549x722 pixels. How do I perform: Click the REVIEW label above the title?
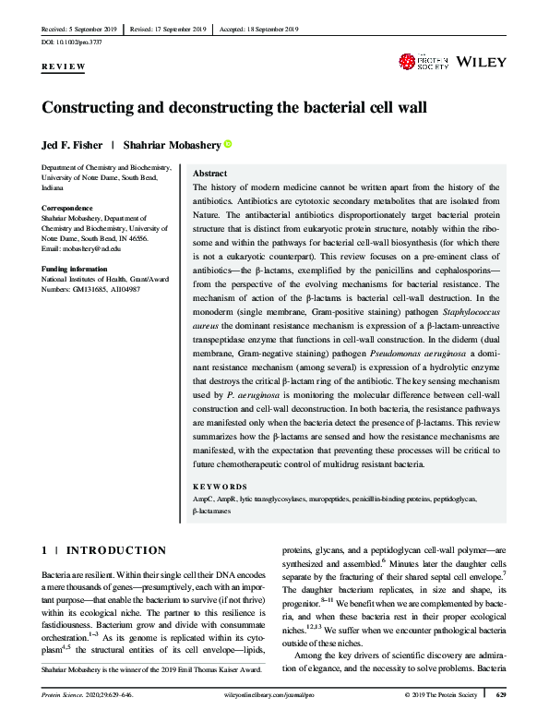(64, 67)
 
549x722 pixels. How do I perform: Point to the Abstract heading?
(209, 174)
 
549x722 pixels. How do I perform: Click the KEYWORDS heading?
(220, 486)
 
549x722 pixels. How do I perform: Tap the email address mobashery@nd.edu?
(89, 248)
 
